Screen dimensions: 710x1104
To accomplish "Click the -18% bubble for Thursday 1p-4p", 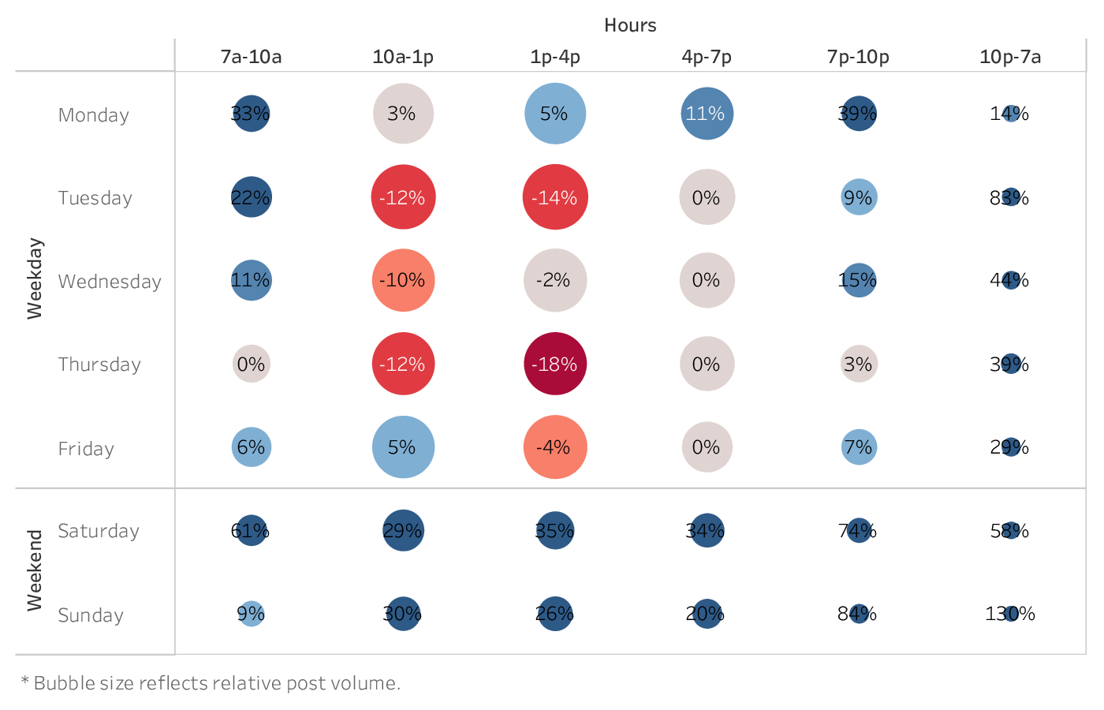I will coord(555,364).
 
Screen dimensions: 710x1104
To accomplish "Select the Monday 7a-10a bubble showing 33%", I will coord(251,114).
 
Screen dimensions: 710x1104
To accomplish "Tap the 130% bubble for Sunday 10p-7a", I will coord(1010,614).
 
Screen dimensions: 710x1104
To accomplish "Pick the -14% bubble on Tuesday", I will coord(555,197).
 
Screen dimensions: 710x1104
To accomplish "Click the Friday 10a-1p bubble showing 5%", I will coord(403,447).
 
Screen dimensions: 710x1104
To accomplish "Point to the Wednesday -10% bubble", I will coord(403,280).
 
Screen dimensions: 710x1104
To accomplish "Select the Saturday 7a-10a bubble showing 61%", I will coord(251,531).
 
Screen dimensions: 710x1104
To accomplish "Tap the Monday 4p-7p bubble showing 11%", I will coord(707,114).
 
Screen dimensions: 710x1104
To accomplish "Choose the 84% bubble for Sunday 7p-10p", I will coord(859,614).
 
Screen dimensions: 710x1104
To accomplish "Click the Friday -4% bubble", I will coord(555,447).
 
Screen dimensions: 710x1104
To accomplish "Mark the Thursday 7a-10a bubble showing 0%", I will coord(251,364).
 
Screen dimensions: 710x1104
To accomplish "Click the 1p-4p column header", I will coord(555,57).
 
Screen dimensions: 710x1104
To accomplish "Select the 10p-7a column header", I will coord(1010,57).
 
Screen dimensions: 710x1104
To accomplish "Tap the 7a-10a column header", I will coord(251,57).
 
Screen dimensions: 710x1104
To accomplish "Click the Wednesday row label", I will coord(110,282).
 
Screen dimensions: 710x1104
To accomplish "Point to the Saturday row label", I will coord(99,531).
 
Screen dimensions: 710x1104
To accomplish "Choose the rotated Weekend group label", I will coord(35,570).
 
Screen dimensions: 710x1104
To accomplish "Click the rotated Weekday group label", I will coord(35,278).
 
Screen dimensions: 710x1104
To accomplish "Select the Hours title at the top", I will coord(630,25).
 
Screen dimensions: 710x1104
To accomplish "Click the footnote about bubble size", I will coord(211,683).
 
